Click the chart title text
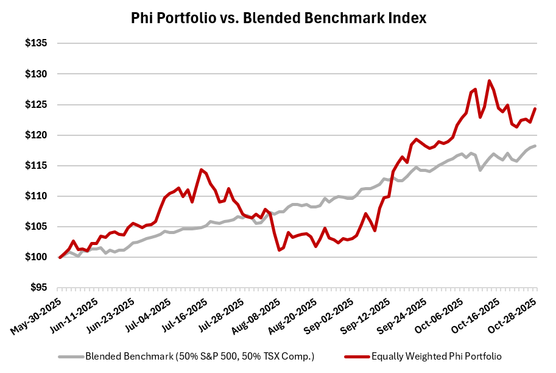pos(278,18)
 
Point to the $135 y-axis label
pos(38,43)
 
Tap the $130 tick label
pos(38,74)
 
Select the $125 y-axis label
pos(38,104)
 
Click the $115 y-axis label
pos(38,165)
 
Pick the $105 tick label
pos(38,227)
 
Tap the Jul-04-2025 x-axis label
pos(149,313)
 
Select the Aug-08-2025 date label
pos(256,313)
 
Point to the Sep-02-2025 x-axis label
pos(328,313)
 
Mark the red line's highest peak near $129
pos(489,80)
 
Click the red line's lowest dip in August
pos(279,250)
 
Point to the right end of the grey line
pos(535,146)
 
